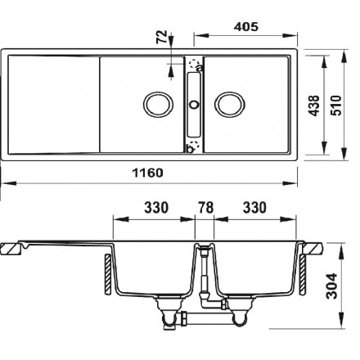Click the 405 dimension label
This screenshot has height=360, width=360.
tap(245, 27)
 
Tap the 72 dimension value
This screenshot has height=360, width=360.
tap(161, 37)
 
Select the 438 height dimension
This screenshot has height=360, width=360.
tap(314, 106)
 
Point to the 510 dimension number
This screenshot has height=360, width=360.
tap(336, 106)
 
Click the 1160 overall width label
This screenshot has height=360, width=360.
tap(148, 173)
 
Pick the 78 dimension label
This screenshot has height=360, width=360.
tap(206, 208)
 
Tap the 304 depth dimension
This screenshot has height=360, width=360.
tap(332, 286)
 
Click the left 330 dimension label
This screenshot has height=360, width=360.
tap(156, 208)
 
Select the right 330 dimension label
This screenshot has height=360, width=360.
tap(254, 208)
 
